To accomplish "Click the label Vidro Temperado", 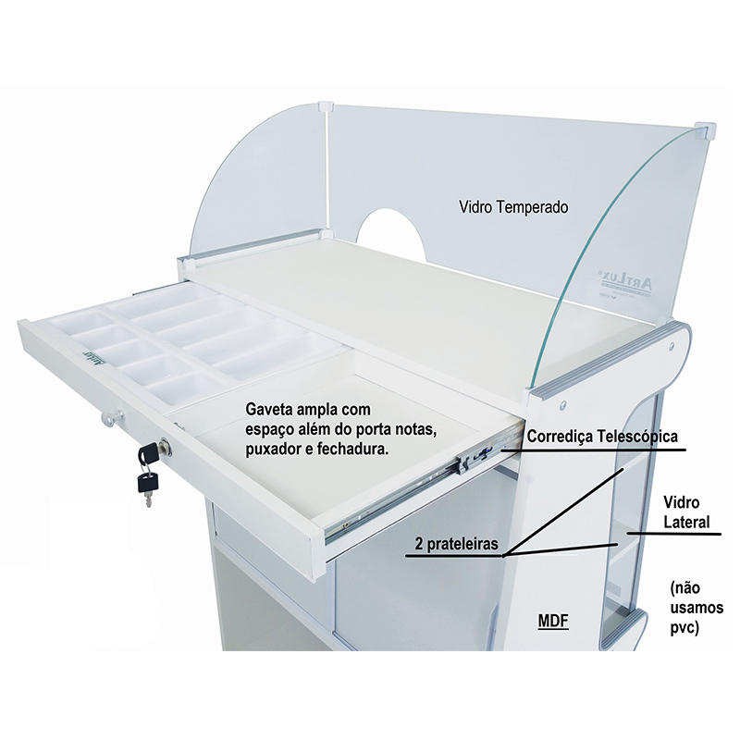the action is coord(513,206).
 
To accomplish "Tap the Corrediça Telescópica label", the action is coord(602,437).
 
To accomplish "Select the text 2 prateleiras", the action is coord(456,544).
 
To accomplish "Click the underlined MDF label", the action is coord(553,621).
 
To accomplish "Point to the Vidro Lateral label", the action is coord(686,512).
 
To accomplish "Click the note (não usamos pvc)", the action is coord(697,608).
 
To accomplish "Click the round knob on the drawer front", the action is coord(113,417).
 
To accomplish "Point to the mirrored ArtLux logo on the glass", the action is coord(623,285).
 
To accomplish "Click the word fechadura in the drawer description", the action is coord(354,450).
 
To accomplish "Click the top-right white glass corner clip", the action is coord(706,130).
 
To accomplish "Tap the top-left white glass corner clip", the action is coord(327,106).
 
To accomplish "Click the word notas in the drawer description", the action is coord(413,429).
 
